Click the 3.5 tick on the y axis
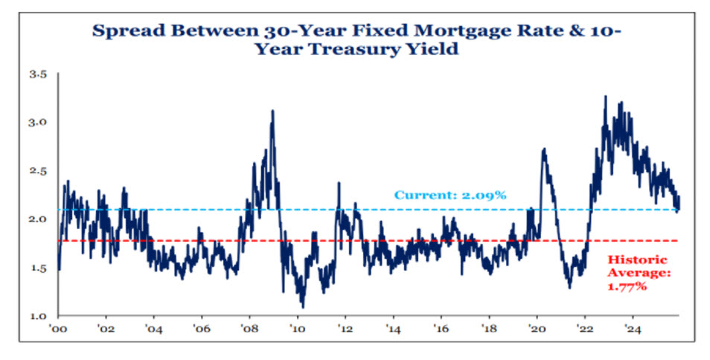[x=38, y=74]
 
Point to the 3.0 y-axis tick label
[x=38, y=122]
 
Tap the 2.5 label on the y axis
[x=38, y=171]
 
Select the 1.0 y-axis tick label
[x=38, y=316]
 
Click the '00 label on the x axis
[x=57, y=327]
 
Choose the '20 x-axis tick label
[x=537, y=327]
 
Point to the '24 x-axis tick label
[x=633, y=327]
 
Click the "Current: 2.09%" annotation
[x=450, y=196]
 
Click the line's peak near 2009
[x=273, y=111]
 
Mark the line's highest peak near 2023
[x=605, y=96]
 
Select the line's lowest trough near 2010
[x=302, y=306]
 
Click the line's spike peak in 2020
[x=544, y=149]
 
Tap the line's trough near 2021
[x=569, y=288]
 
